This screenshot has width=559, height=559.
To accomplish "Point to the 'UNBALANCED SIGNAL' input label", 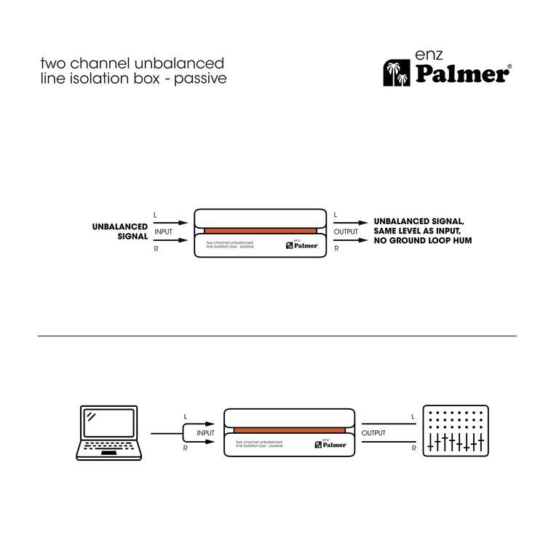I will click(x=119, y=231).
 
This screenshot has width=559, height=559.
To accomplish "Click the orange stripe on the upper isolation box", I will click(x=260, y=231).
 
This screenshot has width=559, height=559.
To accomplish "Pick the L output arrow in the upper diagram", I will click(x=351, y=222).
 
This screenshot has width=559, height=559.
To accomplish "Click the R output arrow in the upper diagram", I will click(x=351, y=241).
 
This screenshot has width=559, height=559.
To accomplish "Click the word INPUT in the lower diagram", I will click(x=205, y=432).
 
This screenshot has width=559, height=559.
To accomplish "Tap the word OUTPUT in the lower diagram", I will click(x=373, y=432).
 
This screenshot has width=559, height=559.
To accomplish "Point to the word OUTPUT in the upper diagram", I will click(x=346, y=231).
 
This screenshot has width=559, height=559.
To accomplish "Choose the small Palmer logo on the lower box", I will click(x=331, y=444).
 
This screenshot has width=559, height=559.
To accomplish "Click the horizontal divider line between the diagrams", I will click(x=279, y=336).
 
